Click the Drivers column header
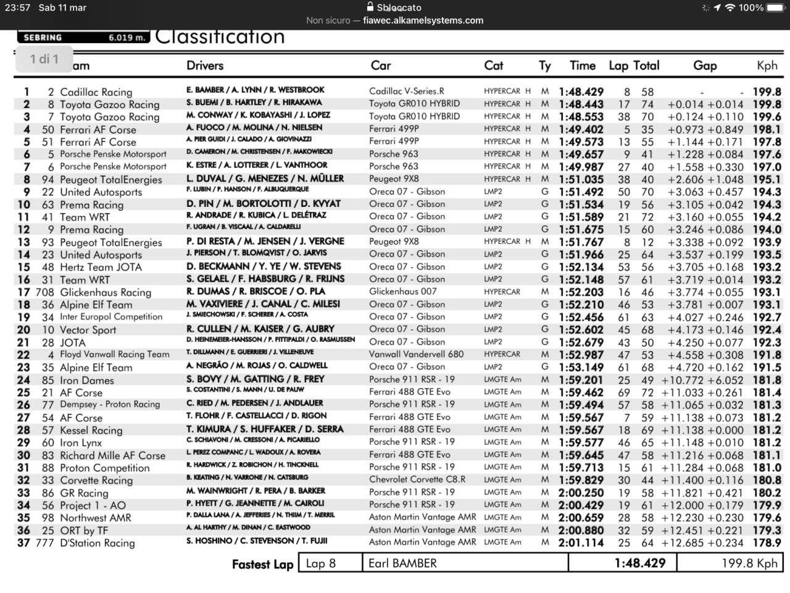coord(205,65)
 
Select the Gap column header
coord(704,65)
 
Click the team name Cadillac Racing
coord(96,92)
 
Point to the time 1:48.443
coord(581,104)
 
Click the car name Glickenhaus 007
coord(402,292)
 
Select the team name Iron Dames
coord(87,381)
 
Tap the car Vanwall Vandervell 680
coord(416,355)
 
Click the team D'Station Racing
coord(97,543)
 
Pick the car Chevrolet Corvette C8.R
coord(417,479)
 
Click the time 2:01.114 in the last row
coord(581,543)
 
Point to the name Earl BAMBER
coord(402,563)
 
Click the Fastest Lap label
coord(262,564)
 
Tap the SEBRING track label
coord(43,38)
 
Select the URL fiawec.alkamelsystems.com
coord(423,20)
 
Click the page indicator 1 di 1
coord(44,59)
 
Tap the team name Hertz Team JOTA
coord(101,267)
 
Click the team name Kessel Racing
coord(91,431)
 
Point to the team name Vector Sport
coord(88,330)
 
